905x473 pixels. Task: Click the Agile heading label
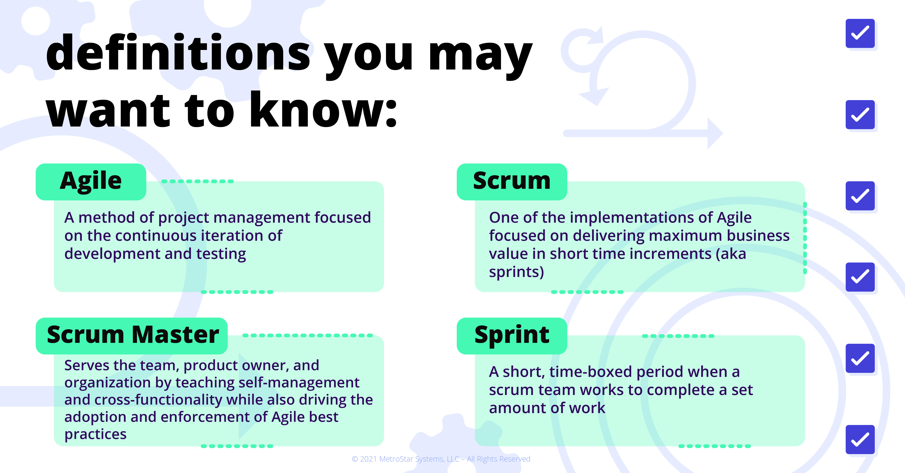(91, 182)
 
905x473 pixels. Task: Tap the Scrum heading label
(512, 182)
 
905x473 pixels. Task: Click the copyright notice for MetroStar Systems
(441, 459)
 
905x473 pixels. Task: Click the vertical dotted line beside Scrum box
(805, 238)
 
